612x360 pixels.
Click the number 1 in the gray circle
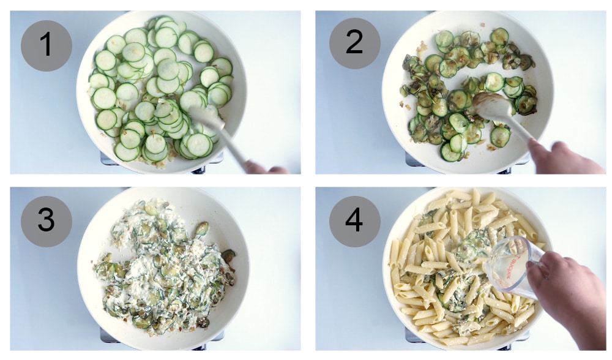46,45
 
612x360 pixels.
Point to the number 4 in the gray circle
354,221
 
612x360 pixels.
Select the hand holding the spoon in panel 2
560,157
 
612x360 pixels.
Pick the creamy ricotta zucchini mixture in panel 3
153,269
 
